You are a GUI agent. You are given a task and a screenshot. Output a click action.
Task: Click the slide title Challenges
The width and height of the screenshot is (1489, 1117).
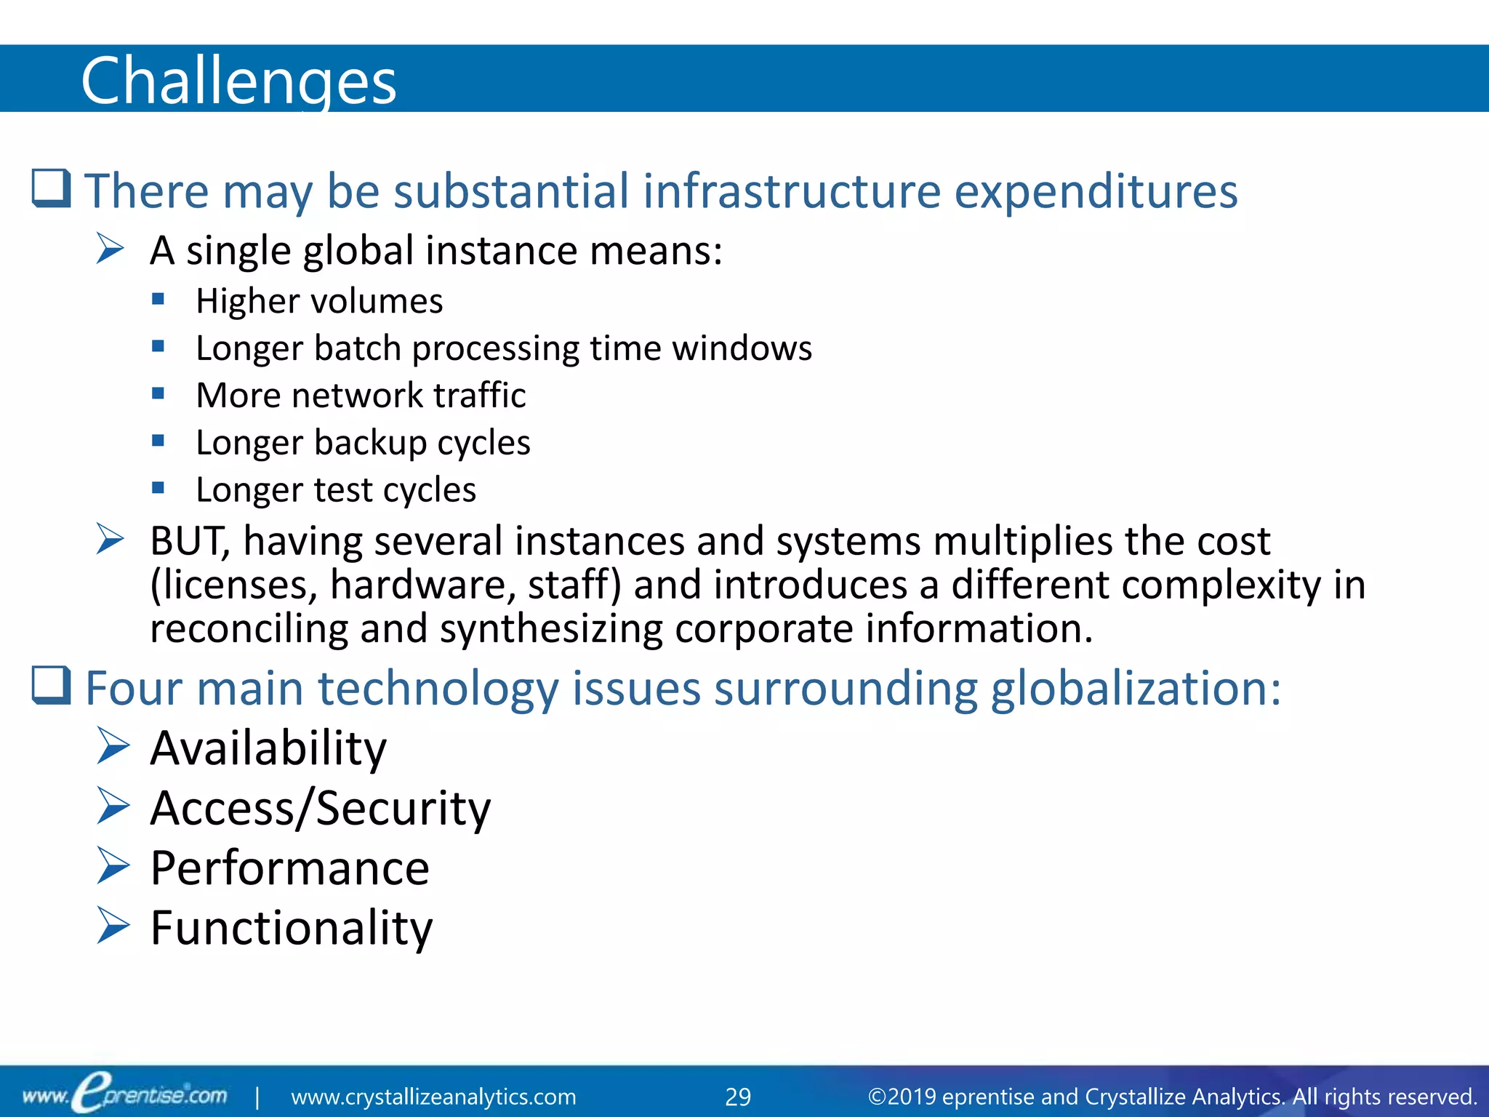238,81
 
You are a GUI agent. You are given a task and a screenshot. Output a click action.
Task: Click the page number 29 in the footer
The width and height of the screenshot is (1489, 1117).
738,1097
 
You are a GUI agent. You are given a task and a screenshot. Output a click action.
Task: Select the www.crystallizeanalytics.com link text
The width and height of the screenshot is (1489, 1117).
433,1097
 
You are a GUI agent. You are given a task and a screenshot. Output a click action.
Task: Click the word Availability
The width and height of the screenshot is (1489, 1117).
268,748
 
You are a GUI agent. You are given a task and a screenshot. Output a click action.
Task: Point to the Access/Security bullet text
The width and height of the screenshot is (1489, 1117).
320,808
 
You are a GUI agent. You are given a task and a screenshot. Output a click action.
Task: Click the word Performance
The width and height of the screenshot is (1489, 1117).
289,868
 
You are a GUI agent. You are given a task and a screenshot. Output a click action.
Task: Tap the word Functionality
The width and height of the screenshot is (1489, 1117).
291,928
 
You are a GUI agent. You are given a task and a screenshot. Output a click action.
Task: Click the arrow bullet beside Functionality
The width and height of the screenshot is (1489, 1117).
112,926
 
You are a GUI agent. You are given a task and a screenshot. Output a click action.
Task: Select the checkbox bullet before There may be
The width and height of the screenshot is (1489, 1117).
51,188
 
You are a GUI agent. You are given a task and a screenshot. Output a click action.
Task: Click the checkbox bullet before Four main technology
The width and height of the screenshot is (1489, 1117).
51,686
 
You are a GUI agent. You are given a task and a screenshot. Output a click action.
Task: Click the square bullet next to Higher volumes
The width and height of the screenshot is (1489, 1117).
158,298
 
